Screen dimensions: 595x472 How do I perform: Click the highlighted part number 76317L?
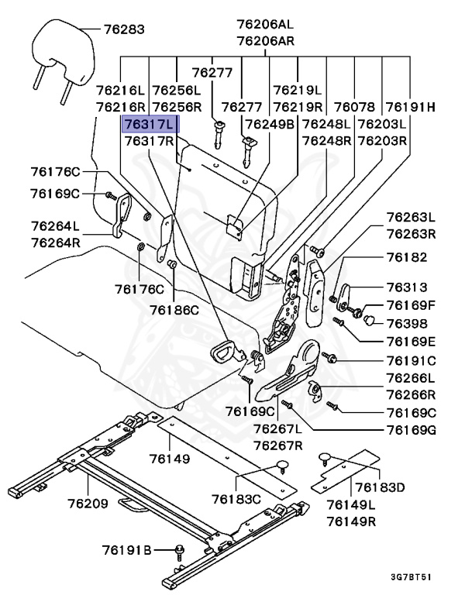(150, 124)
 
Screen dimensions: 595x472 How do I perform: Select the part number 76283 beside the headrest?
(124, 29)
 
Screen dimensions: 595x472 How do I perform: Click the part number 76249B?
(269, 124)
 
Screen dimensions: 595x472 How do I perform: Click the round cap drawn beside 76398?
(370, 319)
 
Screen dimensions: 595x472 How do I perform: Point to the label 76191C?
(412, 360)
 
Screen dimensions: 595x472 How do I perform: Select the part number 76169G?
(412, 428)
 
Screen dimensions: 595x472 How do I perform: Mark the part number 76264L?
(55, 226)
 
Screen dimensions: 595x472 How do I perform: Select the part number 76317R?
(150, 141)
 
